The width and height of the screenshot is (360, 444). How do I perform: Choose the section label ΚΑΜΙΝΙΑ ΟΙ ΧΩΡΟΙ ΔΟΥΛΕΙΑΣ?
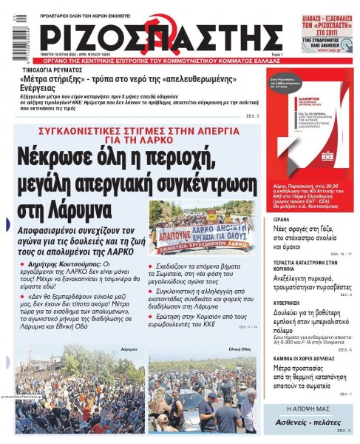pos(299,358)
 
